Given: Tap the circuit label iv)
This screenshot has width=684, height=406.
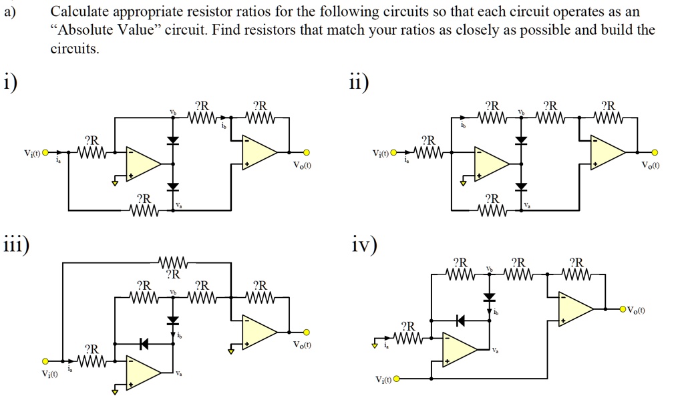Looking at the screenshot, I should point(364,246).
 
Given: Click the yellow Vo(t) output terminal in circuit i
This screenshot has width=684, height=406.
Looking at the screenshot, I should point(307,152).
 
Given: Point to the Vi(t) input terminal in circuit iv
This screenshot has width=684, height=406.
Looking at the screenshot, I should point(397,379).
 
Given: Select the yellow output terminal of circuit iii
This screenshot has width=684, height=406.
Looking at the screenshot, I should point(307,332).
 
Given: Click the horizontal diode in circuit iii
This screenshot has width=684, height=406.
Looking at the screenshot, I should point(144,344).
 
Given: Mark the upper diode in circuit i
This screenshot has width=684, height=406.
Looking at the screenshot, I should point(173,140).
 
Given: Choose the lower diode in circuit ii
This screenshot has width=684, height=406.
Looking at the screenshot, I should point(521,186).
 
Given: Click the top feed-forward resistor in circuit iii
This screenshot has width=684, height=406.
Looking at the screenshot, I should point(172,262).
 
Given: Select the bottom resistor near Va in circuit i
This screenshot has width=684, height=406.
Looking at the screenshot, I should point(144,210).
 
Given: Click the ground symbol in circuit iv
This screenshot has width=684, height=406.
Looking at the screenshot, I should point(375,345).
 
